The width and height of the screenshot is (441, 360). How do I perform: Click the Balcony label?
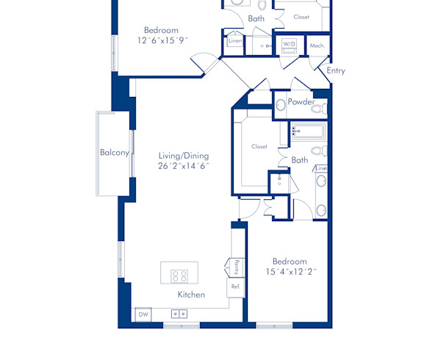point(115,153)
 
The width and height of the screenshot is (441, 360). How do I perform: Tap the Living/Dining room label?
point(184,156)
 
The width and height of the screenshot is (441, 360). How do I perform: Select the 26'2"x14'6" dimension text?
point(184,166)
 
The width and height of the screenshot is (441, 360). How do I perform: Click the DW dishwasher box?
point(143,314)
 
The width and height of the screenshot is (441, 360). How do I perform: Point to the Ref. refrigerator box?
point(236,286)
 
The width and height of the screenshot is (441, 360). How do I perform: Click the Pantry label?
point(237,266)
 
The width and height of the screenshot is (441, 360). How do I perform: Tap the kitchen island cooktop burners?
point(179,276)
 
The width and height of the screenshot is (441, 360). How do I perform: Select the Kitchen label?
point(191,295)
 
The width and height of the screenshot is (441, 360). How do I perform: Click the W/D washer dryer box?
point(289,45)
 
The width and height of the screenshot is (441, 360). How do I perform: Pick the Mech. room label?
point(318,46)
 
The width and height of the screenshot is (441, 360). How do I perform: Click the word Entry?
point(336,71)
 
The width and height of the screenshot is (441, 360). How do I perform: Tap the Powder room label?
point(301,102)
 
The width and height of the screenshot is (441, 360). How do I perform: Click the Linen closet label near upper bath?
point(235,42)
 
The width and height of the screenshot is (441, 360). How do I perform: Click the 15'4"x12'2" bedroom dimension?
point(290,272)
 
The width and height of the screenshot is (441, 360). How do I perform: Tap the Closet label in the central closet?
point(259,147)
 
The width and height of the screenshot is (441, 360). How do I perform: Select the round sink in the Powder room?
point(281,106)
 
